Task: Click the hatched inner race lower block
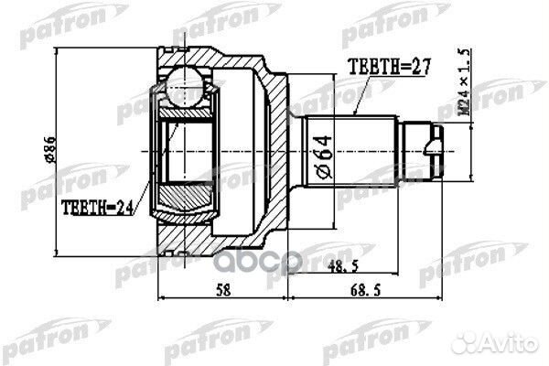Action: point(188,194)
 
